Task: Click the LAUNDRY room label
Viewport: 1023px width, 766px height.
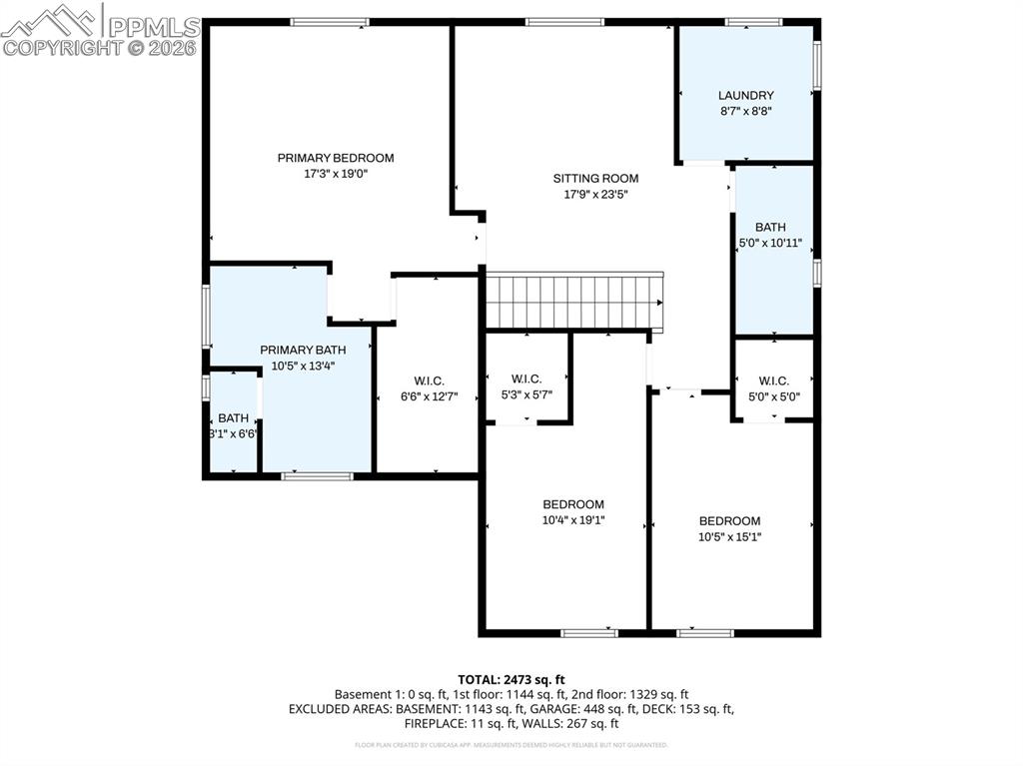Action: (x=745, y=96)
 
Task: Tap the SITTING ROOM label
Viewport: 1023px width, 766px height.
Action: (x=595, y=179)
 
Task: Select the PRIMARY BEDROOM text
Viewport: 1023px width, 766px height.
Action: (x=336, y=158)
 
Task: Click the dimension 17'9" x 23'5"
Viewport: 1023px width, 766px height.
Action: (x=595, y=195)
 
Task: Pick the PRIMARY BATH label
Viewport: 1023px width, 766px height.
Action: (x=303, y=350)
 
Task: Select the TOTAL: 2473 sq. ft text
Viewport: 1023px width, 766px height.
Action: (x=511, y=679)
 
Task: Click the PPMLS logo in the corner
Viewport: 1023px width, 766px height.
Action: (x=100, y=29)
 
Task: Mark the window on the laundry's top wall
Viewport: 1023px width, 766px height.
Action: (x=753, y=22)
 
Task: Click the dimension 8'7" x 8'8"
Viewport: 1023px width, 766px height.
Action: (x=745, y=112)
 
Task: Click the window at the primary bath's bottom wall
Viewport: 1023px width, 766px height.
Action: (x=317, y=476)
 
